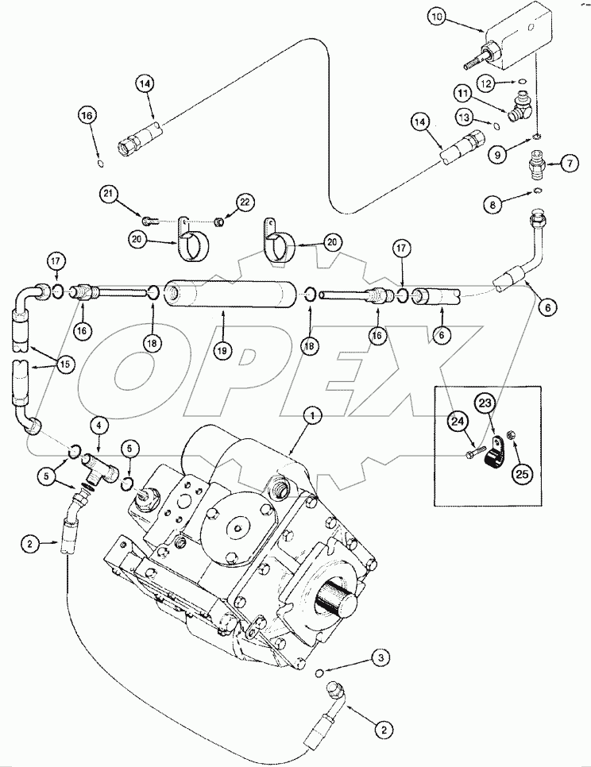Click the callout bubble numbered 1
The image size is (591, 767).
pyautogui.click(x=313, y=414)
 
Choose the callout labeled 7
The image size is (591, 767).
pyautogui.click(x=570, y=164)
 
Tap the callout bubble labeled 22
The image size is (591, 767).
pyautogui.click(x=245, y=203)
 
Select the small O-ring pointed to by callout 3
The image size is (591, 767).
pyautogui.click(x=320, y=673)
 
